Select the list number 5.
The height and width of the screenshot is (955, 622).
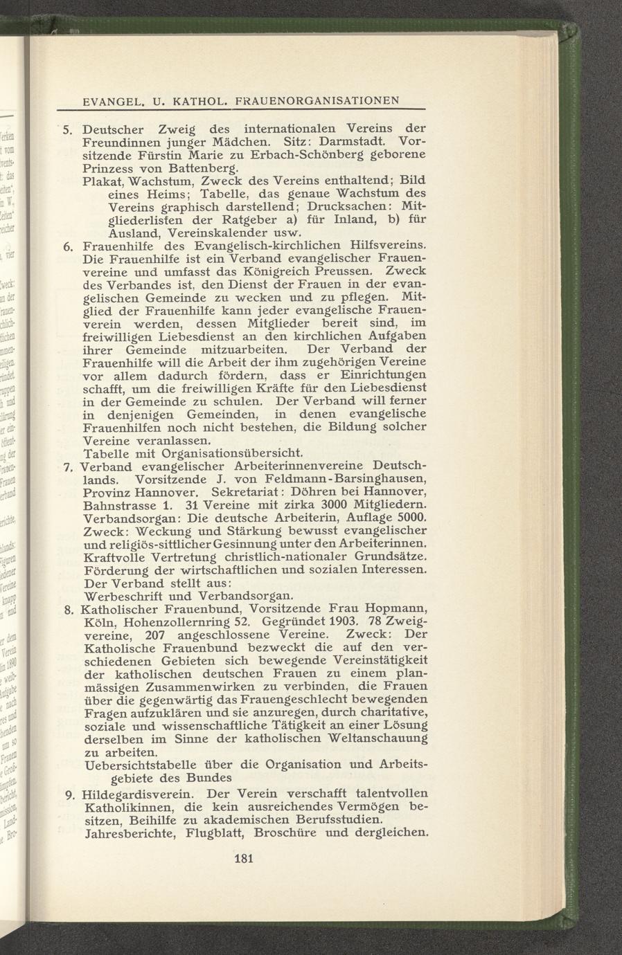click(x=68, y=129)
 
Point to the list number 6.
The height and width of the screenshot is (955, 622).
click(x=68, y=245)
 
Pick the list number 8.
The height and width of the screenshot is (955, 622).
click(x=68, y=610)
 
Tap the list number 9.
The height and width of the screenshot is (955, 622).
click(x=69, y=794)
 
